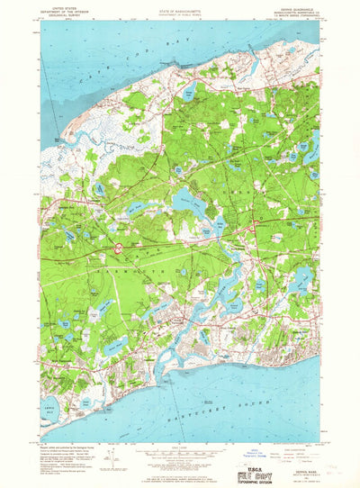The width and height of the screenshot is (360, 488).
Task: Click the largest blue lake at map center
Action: [x=189, y=203]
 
